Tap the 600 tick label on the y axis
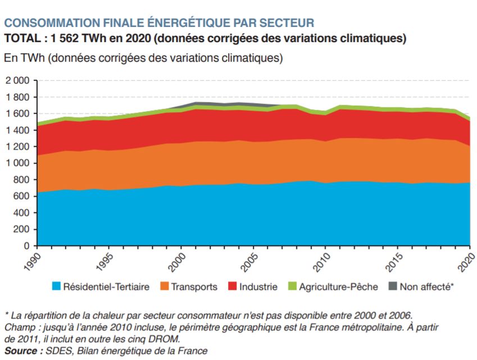click(21, 197)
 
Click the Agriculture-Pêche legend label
click(334, 287)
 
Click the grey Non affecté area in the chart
click(242, 104)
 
